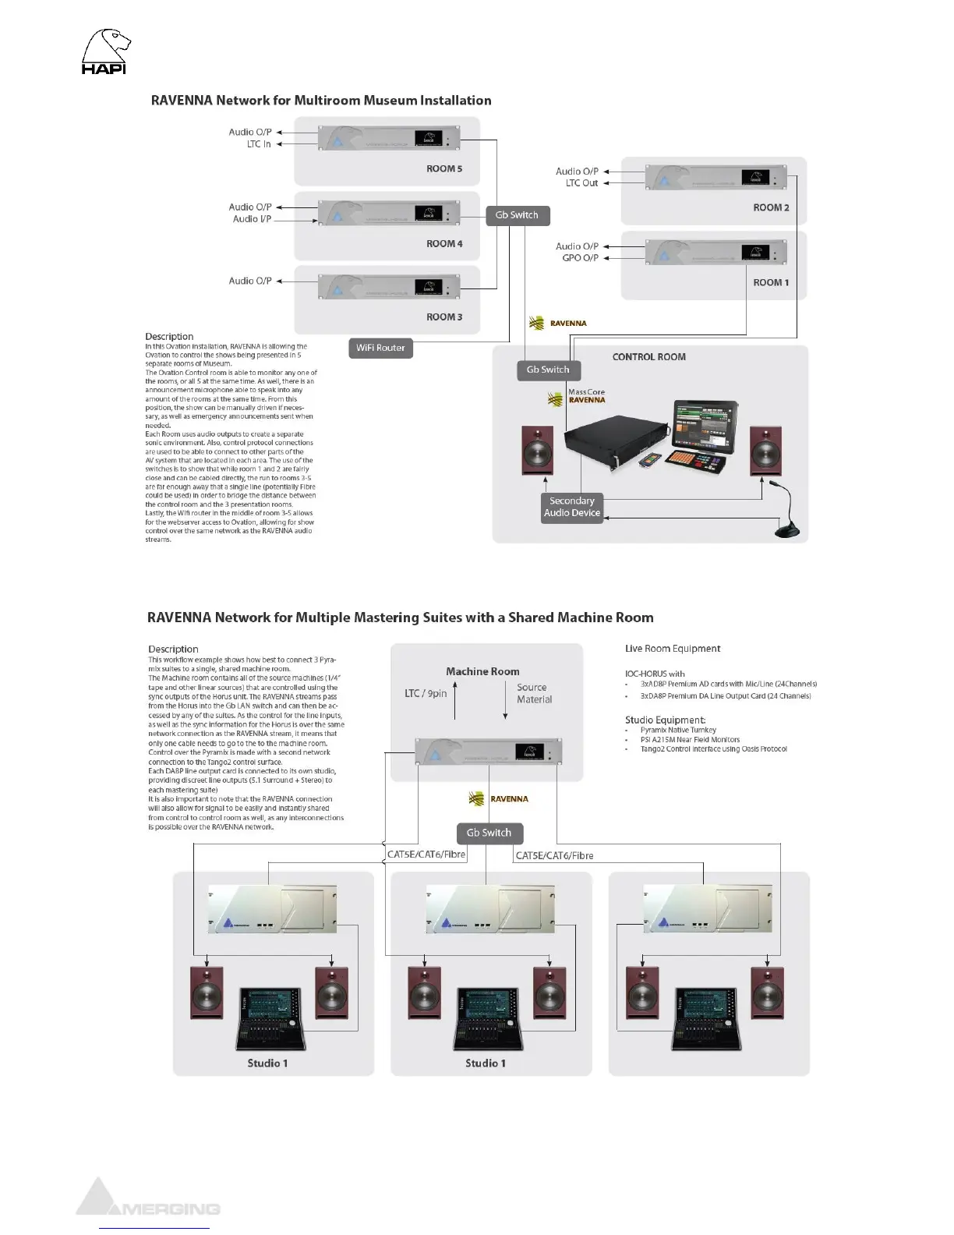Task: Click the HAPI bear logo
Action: pos(105,51)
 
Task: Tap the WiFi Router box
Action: pos(380,348)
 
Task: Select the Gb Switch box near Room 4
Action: pos(517,215)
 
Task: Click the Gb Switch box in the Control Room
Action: pos(548,370)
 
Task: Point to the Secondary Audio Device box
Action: pos(572,507)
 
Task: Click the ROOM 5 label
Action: pos(444,168)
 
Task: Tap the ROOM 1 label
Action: pos(771,282)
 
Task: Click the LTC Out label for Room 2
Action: pos(581,183)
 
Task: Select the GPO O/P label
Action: pos(580,258)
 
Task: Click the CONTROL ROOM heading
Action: pos(648,357)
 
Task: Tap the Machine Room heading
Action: pos(482,671)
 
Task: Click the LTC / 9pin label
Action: pos(426,693)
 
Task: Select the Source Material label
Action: pos(533,693)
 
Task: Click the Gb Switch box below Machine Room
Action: pos(489,833)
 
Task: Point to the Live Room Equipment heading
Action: pos(673,649)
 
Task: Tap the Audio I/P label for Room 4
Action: pos(252,219)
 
